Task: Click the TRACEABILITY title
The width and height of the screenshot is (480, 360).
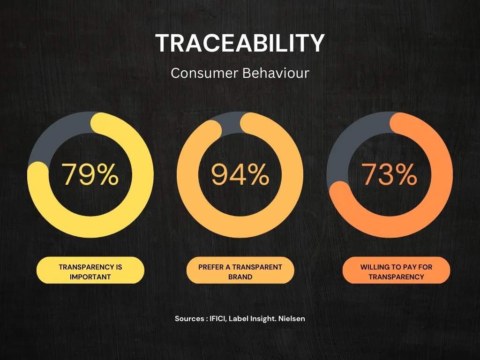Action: tap(240, 43)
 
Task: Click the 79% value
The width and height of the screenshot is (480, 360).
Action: tap(90, 174)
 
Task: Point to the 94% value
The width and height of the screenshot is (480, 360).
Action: tap(240, 174)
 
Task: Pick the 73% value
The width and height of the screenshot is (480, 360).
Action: tap(389, 174)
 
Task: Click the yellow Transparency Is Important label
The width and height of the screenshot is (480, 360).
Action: tap(90, 271)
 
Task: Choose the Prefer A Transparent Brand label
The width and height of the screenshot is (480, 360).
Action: tap(240, 271)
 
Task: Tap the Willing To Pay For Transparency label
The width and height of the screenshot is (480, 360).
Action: tap(396, 271)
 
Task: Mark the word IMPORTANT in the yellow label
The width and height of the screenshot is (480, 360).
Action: tap(90, 277)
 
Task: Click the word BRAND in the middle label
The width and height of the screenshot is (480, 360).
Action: tap(240, 277)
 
